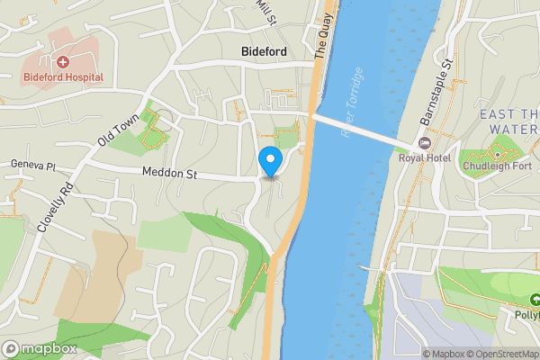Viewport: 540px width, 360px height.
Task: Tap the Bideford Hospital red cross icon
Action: pyautogui.click(x=64, y=62)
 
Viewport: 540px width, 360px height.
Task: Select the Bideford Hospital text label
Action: pyautogui.click(x=64, y=78)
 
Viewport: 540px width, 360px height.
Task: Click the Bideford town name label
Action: pyautogui.click(x=265, y=52)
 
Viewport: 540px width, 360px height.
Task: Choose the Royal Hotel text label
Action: pyautogui.click(x=424, y=158)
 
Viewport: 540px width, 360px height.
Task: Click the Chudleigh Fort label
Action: pyautogui.click(x=498, y=166)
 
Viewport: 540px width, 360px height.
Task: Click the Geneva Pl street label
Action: pyautogui.click(x=33, y=166)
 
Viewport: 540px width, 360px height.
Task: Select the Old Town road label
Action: pyautogui.click(x=120, y=130)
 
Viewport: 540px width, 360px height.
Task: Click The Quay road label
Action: pyautogui.click(x=323, y=39)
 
